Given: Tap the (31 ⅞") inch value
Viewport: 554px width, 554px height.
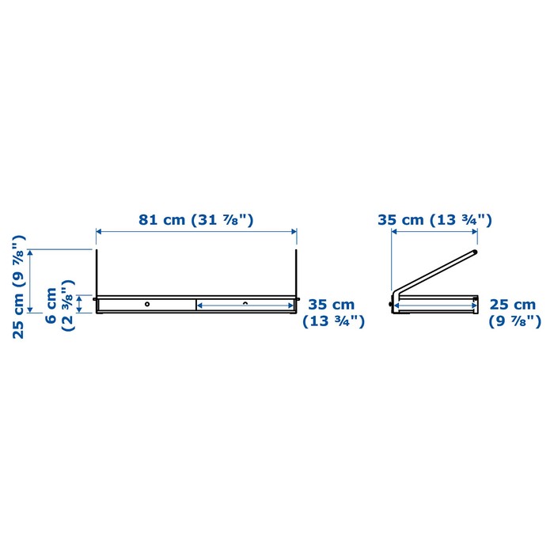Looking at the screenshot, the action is (x=222, y=220).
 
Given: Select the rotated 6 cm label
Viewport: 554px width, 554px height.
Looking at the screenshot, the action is (x=51, y=305).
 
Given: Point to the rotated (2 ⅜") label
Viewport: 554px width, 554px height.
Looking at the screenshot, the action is (x=68, y=305).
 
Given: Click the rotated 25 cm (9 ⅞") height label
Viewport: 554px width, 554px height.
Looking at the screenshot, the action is (x=19, y=286).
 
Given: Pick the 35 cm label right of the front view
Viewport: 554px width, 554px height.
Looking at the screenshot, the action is (x=332, y=305).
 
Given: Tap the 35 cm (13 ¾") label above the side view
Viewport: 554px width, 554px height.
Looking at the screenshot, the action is (x=434, y=220).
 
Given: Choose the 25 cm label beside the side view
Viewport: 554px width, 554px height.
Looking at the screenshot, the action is (x=512, y=305).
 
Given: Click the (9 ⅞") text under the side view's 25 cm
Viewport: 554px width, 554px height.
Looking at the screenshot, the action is (x=514, y=321).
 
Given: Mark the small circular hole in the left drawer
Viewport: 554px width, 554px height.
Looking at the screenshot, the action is (x=147, y=304).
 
